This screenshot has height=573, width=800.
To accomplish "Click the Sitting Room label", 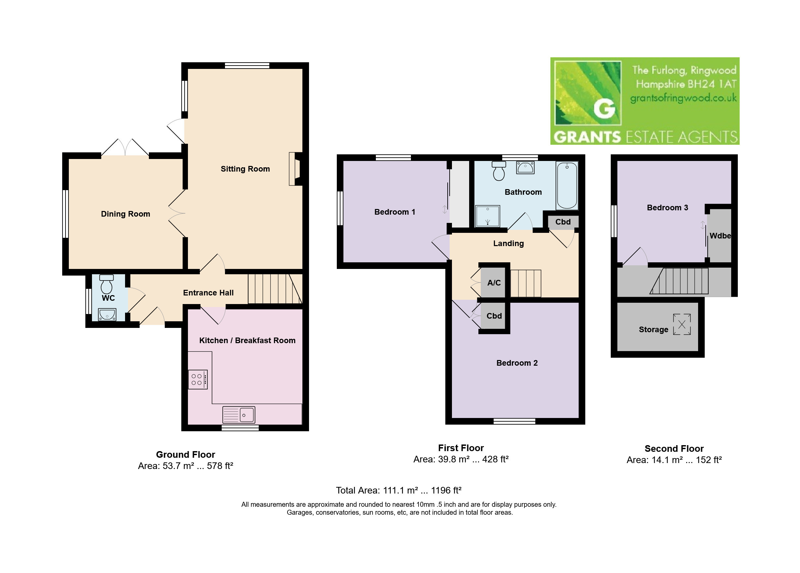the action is point(245,169).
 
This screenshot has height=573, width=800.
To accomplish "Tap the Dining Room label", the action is point(125,214).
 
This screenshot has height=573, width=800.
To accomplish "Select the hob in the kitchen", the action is point(198,379).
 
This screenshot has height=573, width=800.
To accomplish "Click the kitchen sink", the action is point(239,415).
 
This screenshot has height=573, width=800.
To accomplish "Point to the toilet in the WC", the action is point(107,284).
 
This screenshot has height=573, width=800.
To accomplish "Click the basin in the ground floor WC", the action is point(107,314).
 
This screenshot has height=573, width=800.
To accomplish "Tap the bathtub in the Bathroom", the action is point(567,185).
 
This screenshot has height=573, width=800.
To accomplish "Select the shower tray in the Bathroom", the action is point(488,216).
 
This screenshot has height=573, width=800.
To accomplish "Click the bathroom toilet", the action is point(499,171).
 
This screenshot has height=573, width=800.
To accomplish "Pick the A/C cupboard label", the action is point(494,283).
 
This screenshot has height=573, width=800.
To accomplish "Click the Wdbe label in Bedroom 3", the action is point(720,236).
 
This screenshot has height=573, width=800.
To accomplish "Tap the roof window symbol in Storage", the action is point(682,324).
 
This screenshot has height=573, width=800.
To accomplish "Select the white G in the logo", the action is point(604,108).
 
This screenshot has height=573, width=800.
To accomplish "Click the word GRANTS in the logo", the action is point(587,137).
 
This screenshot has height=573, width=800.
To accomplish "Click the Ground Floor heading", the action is point(185,454).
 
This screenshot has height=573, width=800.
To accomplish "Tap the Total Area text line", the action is point(399,491).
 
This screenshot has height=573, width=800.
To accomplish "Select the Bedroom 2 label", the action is point(517,363).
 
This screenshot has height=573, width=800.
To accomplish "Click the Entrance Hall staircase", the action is point(275,289).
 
